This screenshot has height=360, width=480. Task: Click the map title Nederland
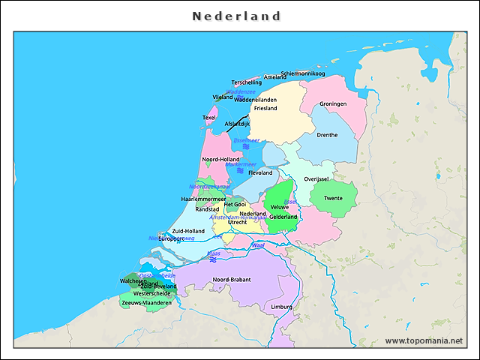click(236, 16)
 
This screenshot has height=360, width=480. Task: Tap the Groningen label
click(333, 103)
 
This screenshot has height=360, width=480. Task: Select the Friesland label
click(265, 108)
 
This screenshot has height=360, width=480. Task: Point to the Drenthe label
click(328, 135)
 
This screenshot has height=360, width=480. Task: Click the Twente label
click(333, 199)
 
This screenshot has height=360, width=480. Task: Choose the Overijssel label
click(316, 179)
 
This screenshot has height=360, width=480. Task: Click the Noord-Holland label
click(221, 159)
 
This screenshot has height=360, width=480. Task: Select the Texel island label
click(209, 118)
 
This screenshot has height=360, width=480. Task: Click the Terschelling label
click(247, 82)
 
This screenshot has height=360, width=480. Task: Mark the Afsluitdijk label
click(237, 124)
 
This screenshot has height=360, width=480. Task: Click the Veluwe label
click(279, 206)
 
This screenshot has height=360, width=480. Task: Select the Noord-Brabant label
click(231, 280)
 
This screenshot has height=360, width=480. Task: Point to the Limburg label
click(282, 307)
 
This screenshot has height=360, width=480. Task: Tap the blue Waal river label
click(259, 245)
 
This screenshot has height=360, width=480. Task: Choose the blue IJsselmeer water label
click(246, 139)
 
